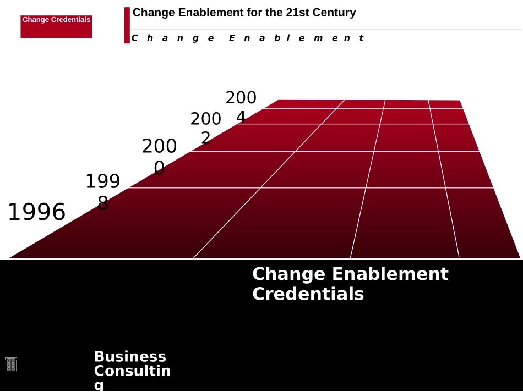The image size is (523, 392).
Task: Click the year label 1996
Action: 36,212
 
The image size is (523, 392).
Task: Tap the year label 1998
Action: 103,192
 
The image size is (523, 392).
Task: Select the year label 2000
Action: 160,157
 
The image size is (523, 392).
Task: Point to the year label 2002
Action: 205,128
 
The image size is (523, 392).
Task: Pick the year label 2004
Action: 241,107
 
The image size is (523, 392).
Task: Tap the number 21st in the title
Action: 298,12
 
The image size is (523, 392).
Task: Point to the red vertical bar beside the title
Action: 127,25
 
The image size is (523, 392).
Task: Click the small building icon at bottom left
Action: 11,364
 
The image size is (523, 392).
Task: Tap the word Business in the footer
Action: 130,356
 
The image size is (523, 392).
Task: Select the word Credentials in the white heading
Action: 308,294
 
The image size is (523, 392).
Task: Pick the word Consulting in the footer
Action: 132,372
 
